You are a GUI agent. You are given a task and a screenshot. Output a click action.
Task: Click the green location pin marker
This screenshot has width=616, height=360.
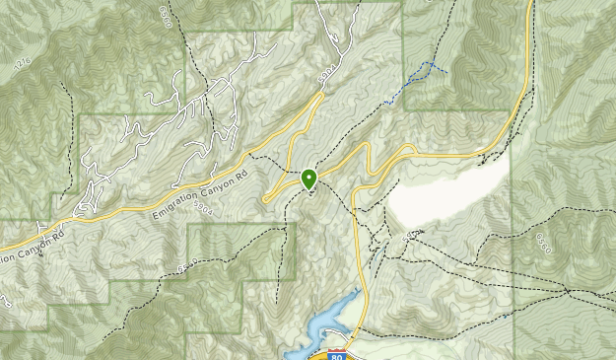pyautogui.click(x=308, y=179)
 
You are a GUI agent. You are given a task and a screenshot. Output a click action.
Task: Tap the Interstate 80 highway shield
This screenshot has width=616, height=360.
pyautogui.click(x=337, y=353)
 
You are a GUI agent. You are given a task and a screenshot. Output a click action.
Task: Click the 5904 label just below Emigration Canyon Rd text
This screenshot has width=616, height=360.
pyautogui.click(x=204, y=209)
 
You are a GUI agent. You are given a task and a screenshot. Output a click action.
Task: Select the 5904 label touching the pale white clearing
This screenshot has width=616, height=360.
pyautogui.click(x=412, y=235)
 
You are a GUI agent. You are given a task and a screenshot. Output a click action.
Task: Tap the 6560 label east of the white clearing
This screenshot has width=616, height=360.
pyautogui.click(x=544, y=242)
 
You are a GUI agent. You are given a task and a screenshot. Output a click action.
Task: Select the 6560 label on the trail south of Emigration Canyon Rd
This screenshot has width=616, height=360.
pyautogui.click(x=187, y=264)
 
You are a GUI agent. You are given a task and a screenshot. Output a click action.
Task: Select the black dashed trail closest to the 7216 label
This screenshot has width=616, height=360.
pyautogui.click(x=67, y=108)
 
